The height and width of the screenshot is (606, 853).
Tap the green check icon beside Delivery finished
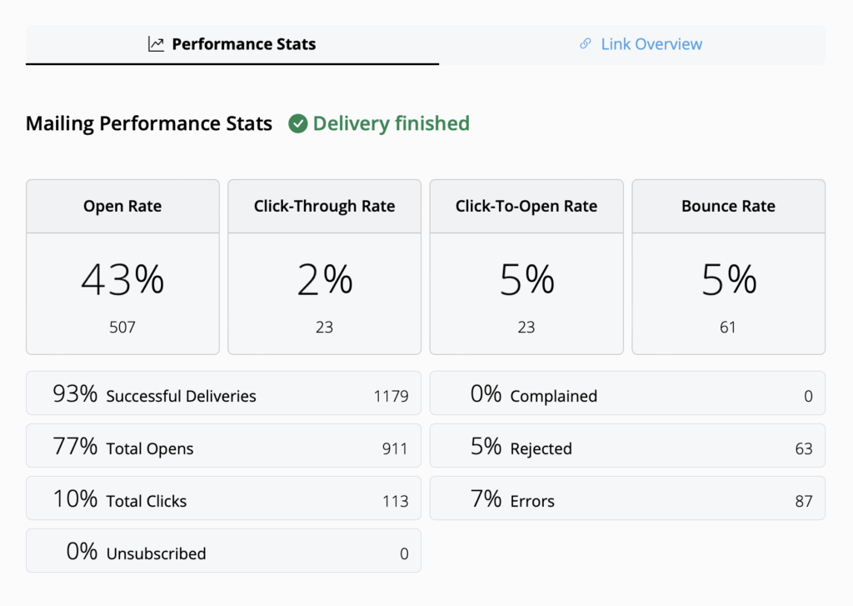[x=297, y=124]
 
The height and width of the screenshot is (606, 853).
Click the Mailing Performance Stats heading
[x=149, y=124]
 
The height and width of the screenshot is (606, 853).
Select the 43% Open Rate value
[x=122, y=280]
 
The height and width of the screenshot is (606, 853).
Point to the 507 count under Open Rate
[x=122, y=328]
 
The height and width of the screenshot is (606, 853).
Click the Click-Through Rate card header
[x=324, y=206]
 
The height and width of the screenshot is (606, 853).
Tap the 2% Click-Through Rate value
[x=324, y=280]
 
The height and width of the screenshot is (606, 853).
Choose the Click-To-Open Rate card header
[x=526, y=206]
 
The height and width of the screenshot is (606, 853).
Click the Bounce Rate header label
[x=728, y=206]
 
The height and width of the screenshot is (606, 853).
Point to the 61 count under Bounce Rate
[x=728, y=328]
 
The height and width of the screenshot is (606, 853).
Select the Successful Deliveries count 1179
[x=391, y=396]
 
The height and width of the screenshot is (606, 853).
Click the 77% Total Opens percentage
[x=76, y=448]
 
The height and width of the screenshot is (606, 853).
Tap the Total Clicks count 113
[x=395, y=501]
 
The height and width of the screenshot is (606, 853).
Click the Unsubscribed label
[x=156, y=553]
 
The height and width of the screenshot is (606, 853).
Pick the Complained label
[x=553, y=396]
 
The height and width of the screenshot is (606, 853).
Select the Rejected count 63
[x=803, y=448]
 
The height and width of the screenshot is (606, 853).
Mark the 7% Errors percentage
[x=486, y=500]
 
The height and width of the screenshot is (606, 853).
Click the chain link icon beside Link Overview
[x=586, y=44]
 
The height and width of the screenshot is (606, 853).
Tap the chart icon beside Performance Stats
[x=157, y=44]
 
